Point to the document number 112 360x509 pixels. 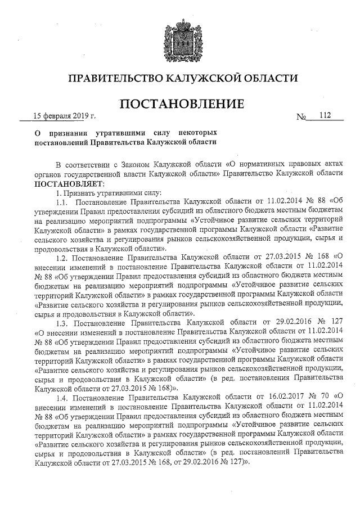(323, 116)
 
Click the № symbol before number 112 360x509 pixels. (301, 117)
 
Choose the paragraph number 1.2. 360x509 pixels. (62, 258)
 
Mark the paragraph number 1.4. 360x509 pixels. (62, 398)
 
